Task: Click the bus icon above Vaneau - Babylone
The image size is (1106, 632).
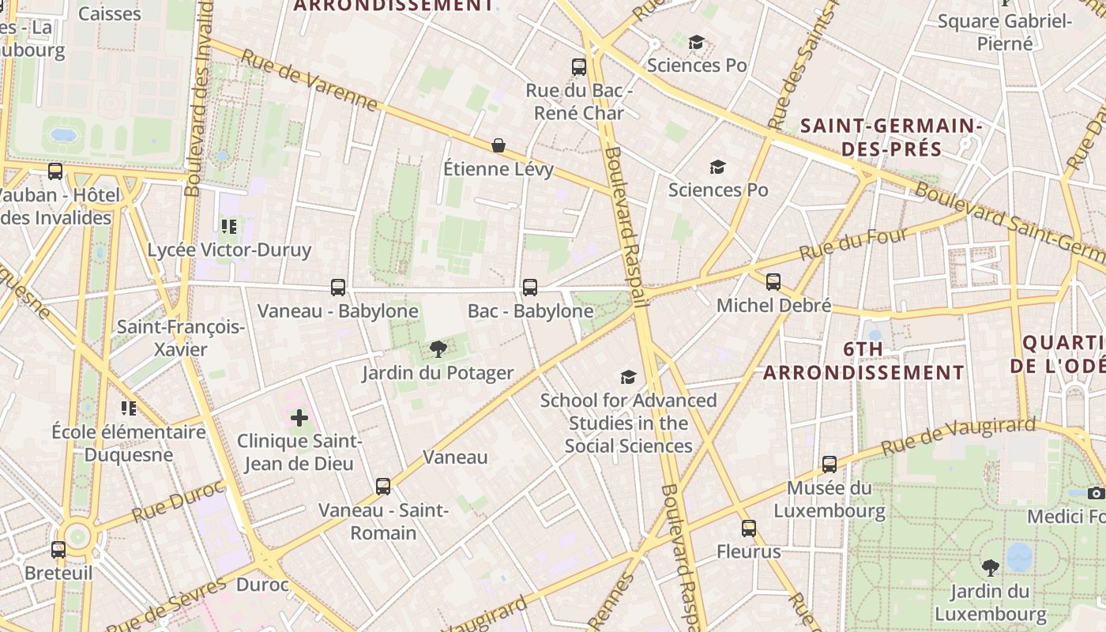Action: tap(338, 288)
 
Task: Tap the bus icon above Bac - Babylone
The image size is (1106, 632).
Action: tap(530, 288)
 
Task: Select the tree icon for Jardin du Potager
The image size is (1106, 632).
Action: tap(438, 349)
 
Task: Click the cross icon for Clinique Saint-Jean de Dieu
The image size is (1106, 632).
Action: tap(299, 417)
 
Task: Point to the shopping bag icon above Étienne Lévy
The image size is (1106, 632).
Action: tap(498, 145)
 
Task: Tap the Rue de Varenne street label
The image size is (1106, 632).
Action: tap(309, 81)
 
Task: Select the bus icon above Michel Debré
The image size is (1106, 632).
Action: tap(773, 281)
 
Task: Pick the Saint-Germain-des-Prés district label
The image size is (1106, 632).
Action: tap(891, 137)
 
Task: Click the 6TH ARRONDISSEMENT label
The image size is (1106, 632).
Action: tap(863, 360)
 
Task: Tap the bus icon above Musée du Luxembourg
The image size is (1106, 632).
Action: tap(829, 465)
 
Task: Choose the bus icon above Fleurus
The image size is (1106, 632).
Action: tap(749, 529)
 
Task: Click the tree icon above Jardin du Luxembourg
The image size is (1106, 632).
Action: tap(990, 567)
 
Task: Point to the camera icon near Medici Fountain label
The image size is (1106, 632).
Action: tap(1096, 494)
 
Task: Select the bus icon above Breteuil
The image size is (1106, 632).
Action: tap(58, 550)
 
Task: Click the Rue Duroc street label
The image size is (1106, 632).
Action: tap(167, 502)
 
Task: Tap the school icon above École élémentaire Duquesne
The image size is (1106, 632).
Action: tap(129, 408)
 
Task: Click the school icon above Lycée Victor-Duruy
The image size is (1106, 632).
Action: tap(229, 227)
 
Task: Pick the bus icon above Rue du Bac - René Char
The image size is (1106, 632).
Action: tap(579, 67)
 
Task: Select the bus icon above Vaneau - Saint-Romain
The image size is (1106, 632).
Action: tap(383, 487)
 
